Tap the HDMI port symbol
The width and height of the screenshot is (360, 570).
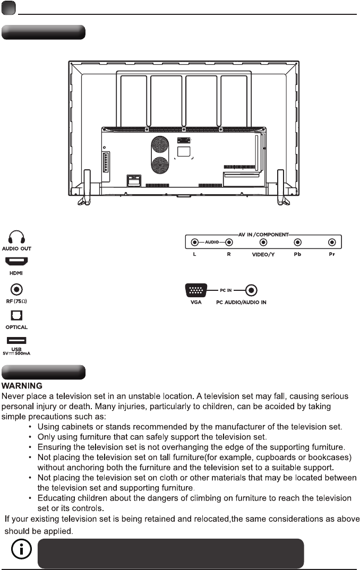point(16,262)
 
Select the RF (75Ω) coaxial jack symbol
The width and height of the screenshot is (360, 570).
point(16,290)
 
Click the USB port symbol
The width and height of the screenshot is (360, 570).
point(16,341)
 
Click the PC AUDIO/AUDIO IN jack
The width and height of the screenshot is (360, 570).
point(252,291)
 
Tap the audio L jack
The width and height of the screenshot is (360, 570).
point(195,243)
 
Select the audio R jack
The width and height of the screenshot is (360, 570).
point(229,243)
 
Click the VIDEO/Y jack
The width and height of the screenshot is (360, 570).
point(263,243)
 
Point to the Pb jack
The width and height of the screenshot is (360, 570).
point(298,243)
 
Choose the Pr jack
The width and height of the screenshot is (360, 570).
point(332,243)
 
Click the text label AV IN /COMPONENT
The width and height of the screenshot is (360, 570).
point(263,234)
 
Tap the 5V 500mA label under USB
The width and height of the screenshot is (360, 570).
point(16,353)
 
